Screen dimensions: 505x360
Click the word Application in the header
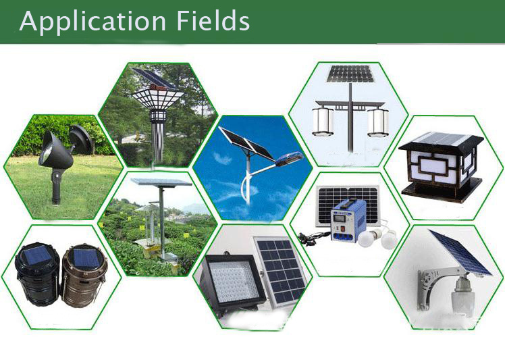point(92,22)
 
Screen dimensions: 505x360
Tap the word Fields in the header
point(213,20)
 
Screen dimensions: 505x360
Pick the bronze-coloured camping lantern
point(84,276)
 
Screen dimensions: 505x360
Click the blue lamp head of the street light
point(288,159)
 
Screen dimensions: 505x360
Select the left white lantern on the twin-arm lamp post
point(323,122)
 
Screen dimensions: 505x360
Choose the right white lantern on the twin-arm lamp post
point(378,122)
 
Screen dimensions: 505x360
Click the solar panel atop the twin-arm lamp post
point(350,74)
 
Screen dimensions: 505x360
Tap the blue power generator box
point(348,221)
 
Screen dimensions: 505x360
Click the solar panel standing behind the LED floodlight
point(281,270)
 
